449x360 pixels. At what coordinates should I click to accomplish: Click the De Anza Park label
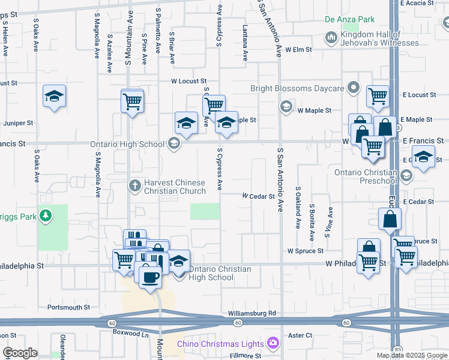[350, 20]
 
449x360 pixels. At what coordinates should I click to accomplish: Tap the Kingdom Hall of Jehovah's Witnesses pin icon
[331, 38]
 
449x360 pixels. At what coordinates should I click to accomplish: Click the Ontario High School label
[127, 144]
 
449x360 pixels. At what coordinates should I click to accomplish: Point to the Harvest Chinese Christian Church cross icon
[135, 186]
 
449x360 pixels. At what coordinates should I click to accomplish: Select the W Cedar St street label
[259, 196]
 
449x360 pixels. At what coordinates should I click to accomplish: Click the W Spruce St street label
[306, 251]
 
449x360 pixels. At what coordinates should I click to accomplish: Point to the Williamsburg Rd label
[252, 313]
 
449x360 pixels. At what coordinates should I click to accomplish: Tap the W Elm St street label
[299, 50]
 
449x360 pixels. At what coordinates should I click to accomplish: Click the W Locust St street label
[188, 81]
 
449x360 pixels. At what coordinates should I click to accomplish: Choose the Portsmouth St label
[68, 307]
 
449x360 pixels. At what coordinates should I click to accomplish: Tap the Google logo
[20, 353]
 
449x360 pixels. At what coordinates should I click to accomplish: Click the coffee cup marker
[149, 276]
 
